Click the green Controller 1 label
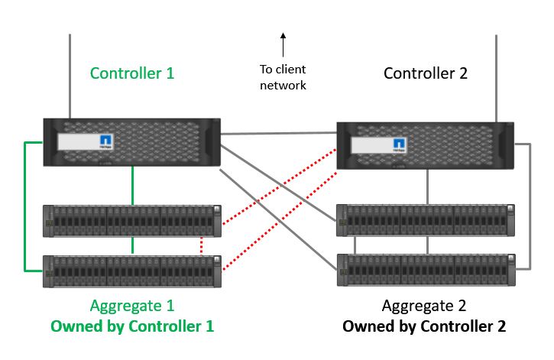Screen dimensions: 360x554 click(132, 73)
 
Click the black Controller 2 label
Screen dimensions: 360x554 click(426, 73)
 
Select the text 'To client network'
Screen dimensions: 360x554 click(283, 77)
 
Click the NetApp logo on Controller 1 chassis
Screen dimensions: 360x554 click(107, 141)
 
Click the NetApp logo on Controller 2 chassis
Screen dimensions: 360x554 click(399, 144)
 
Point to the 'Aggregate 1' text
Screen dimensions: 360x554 click(132, 306)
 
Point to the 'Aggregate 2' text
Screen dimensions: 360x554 click(424, 306)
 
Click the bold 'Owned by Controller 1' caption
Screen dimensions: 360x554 click(132, 326)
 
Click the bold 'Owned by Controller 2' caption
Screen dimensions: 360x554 click(424, 326)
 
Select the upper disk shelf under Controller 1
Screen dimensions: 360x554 click(132, 219)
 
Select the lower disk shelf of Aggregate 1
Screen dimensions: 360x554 click(132, 269)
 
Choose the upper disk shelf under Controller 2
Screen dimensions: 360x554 click(425, 219)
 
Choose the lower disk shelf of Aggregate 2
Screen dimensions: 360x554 click(425, 269)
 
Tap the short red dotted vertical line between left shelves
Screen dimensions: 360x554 click(200, 245)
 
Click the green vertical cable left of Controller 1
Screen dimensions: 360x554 click(25, 206)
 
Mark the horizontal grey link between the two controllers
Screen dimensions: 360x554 click(279, 134)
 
